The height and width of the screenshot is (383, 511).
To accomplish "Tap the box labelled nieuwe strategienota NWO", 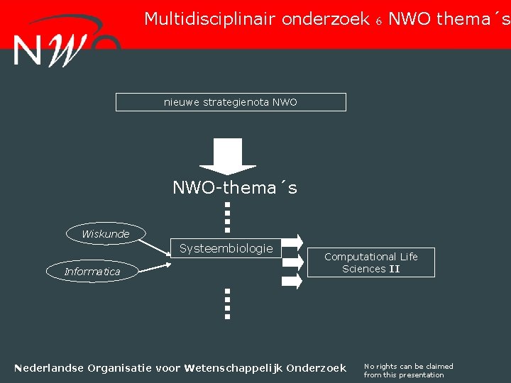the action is coord(231,102).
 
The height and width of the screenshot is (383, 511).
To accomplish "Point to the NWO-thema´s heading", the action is coord(235,188).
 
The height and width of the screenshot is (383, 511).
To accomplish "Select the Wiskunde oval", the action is coord(106,233).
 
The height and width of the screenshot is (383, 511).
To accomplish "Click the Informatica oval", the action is coord(92,271).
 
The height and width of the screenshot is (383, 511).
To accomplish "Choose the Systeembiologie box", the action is coord(226,248).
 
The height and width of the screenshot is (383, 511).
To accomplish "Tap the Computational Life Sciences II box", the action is coord(371,262).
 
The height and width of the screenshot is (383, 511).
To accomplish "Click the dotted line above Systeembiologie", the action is coord(228,217).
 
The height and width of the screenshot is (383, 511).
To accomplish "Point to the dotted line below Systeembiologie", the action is coord(228,304).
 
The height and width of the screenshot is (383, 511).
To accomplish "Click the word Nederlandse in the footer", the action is coord(49,367).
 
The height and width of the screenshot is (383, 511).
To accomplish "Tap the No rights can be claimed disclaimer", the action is coord(408,370).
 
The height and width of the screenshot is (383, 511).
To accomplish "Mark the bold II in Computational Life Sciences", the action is coord(394,269).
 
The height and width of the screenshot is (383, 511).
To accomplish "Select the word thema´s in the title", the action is coord(473,19).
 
